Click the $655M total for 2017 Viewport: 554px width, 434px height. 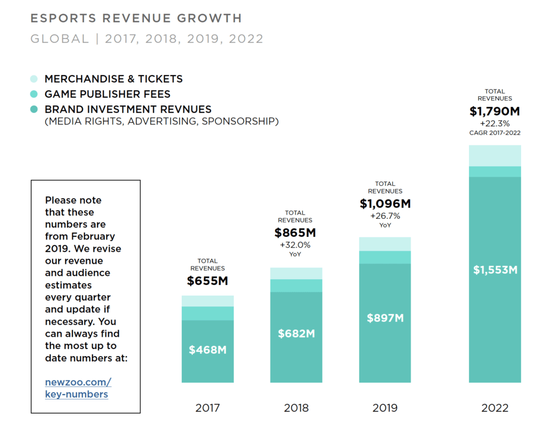(x=208, y=281)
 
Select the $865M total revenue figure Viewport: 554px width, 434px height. (x=295, y=233)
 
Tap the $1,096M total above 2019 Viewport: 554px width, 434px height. (x=385, y=204)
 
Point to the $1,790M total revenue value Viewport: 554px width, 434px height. (x=494, y=112)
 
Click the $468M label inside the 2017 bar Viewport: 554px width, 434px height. (x=208, y=350)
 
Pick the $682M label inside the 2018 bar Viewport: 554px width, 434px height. (x=296, y=333)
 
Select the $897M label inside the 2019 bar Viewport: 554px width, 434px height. (x=385, y=318)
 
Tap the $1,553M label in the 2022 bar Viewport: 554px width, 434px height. (x=495, y=270)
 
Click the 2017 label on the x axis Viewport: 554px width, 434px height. (x=208, y=408)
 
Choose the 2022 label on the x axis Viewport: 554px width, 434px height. (x=495, y=408)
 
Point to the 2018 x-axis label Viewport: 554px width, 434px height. (x=296, y=408)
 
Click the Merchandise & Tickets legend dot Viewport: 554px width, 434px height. (x=34, y=79)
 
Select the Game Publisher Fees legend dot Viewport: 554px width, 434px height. (x=34, y=94)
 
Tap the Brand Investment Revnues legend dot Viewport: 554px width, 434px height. (x=34, y=109)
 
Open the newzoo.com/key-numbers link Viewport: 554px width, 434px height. (x=78, y=388)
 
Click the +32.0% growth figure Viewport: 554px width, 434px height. (x=295, y=245)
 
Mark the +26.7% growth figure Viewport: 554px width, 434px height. (x=385, y=216)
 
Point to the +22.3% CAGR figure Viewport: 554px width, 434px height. (x=494, y=124)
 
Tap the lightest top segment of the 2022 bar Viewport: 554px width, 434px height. (x=495, y=156)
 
